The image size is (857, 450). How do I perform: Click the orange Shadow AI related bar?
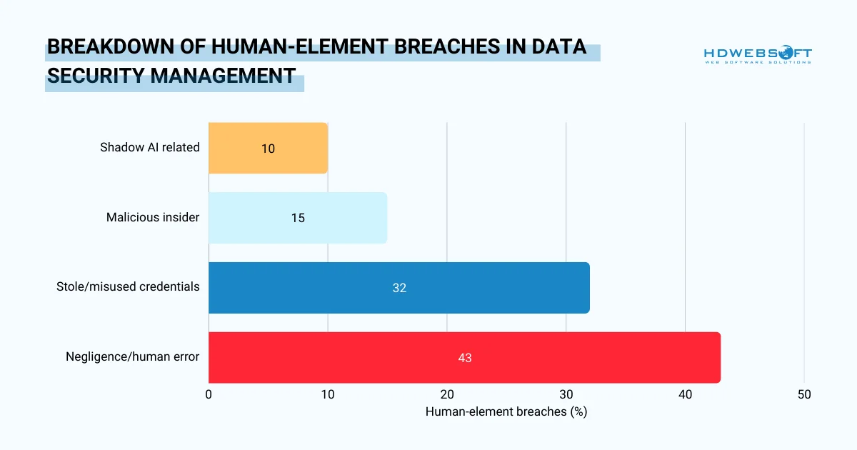click(x=268, y=148)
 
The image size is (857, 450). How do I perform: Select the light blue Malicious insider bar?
click(x=298, y=218)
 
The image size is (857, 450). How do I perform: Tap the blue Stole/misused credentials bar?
click(x=399, y=288)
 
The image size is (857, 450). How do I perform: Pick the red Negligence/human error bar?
click(x=464, y=357)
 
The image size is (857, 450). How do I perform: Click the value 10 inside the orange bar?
click(x=268, y=149)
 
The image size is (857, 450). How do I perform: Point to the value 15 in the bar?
click(x=298, y=218)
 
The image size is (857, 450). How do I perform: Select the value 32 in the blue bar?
click(x=399, y=288)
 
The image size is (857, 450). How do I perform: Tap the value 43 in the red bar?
click(x=465, y=358)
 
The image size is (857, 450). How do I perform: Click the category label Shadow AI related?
click(x=150, y=148)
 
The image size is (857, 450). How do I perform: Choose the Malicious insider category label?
click(x=153, y=217)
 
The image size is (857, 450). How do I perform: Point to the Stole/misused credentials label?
click(x=128, y=287)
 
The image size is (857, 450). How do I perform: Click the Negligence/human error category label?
click(x=133, y=356)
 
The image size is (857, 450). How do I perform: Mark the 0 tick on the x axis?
click(x=209, y=394)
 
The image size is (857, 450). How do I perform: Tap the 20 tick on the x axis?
click(x=447, y=394)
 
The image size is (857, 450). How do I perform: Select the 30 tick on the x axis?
click(x=566, y=394)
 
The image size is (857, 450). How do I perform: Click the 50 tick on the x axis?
click(x=804, y=394)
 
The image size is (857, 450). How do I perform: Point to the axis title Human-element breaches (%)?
click(x=506, y=412)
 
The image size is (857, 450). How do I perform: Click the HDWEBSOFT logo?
click(x=758, y=55)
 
